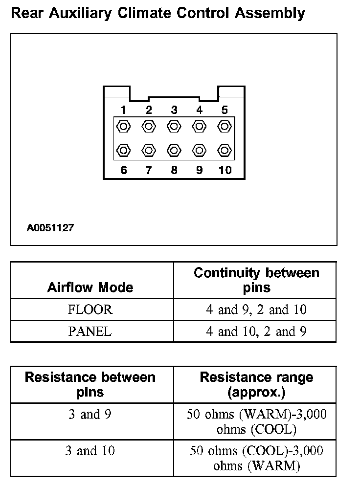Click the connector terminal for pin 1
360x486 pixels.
(x=124, y=126)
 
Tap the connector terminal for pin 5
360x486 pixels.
(x=225, y=126)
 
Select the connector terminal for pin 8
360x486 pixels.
(x=174, y=150)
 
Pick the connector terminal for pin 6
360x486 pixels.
(x=124, y=150)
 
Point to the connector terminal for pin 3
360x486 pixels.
(x=174, y=126)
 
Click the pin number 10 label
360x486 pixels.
(x=225, y=171)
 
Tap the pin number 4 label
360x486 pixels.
(x=200, y=110)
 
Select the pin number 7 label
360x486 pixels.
(x=149, y=171)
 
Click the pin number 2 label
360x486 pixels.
(x=149, y=110)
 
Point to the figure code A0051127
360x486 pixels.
(x=50, y=228)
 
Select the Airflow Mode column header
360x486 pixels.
(x=90, y=287)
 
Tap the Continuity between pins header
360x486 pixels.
(x=256, y=280)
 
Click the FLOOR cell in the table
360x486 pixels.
(x=90, y=309)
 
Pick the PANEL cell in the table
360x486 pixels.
(x=90, y=331)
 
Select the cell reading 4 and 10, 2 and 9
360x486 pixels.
(x=256, y=331)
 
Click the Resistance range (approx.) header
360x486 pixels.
(x=256, y=384)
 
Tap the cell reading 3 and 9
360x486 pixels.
(x=90, y=415)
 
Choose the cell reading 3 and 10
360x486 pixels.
(x=90, y=450)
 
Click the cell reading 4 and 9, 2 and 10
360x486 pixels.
(x=256, y=309)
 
